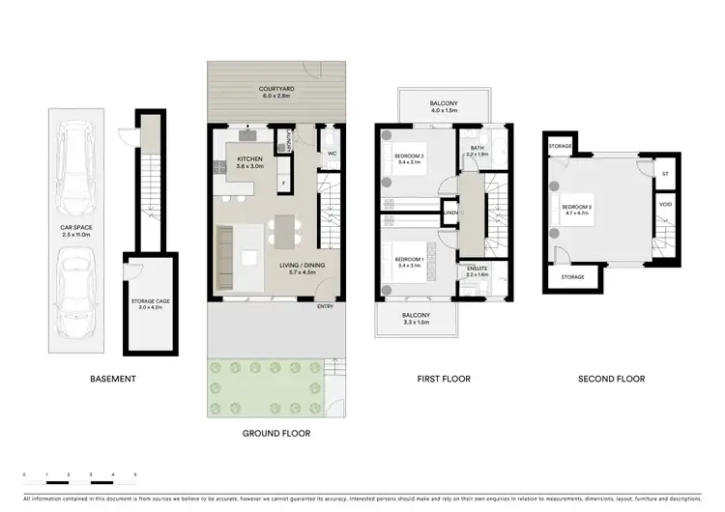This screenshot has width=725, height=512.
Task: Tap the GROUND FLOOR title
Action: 275,434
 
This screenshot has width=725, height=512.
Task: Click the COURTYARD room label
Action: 276,89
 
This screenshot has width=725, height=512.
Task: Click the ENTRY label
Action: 326,307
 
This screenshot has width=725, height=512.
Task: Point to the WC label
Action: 331,154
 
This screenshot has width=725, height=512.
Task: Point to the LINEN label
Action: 449,213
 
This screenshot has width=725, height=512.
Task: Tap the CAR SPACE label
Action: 74,229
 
